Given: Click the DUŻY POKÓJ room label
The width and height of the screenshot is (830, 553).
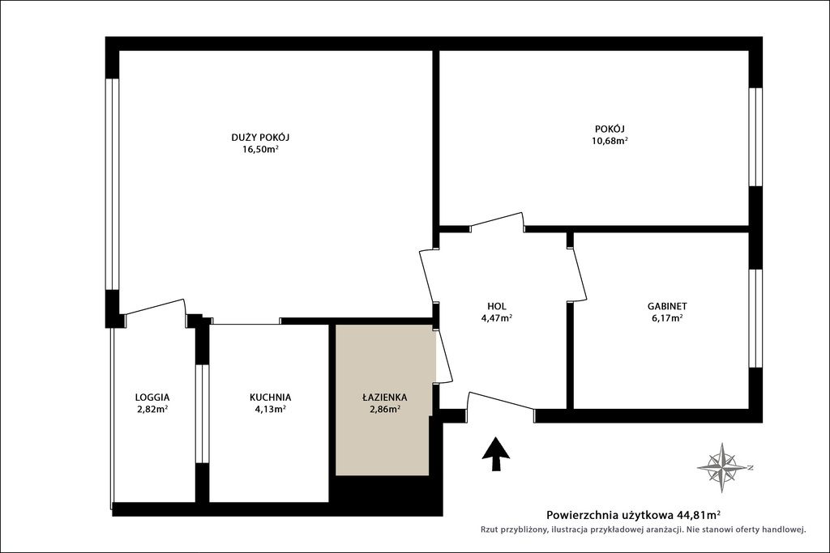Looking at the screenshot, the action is (x=260, y=138).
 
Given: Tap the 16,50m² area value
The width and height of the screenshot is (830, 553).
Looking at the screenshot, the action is (x=260, y=149).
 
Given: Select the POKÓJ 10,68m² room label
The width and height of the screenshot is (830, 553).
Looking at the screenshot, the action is (x=610, y=134).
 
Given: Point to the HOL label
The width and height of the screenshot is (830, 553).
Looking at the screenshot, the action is (x=497, y=306).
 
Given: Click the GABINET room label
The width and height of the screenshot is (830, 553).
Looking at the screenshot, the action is (x=667, y=306).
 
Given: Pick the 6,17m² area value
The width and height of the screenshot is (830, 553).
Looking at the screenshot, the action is (x=667, y=317).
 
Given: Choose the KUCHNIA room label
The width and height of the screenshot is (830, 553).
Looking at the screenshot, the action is (x=270, y=397).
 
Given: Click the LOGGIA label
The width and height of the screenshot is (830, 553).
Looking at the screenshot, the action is (x=152, y=397).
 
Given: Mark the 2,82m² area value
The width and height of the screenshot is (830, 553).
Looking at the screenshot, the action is (x=152, y=409).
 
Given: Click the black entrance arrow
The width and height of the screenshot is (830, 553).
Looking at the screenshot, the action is (x=496, y=453).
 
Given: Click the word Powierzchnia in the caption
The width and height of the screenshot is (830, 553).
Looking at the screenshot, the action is (x=579, y=514).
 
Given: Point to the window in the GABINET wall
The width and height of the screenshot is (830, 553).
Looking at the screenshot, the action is (x=755, y=318).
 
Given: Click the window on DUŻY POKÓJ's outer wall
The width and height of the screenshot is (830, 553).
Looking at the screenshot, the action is (x=112, y=184).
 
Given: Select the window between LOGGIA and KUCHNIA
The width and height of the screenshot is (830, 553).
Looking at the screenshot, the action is (x=202, y=414).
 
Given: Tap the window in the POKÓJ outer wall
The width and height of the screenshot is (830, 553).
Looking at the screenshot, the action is (x=755, y=137).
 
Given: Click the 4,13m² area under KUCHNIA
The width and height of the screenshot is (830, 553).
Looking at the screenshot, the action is (x=270, y=409).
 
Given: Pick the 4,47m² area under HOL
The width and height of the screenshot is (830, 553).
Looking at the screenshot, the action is (x=497, y=317).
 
